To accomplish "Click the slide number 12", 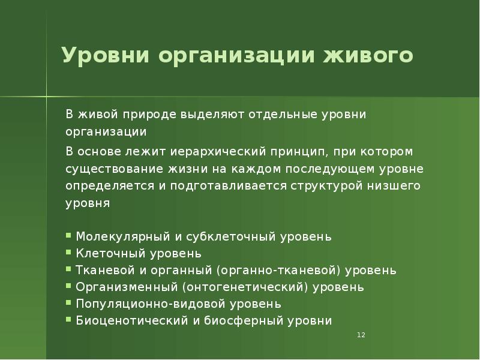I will pos(361,335).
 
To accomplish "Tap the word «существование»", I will pos(110,167).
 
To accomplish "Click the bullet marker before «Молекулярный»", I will pos(70,236).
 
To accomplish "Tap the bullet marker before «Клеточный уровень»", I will pos(70,253).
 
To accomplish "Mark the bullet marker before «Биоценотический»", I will pos(70,320).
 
